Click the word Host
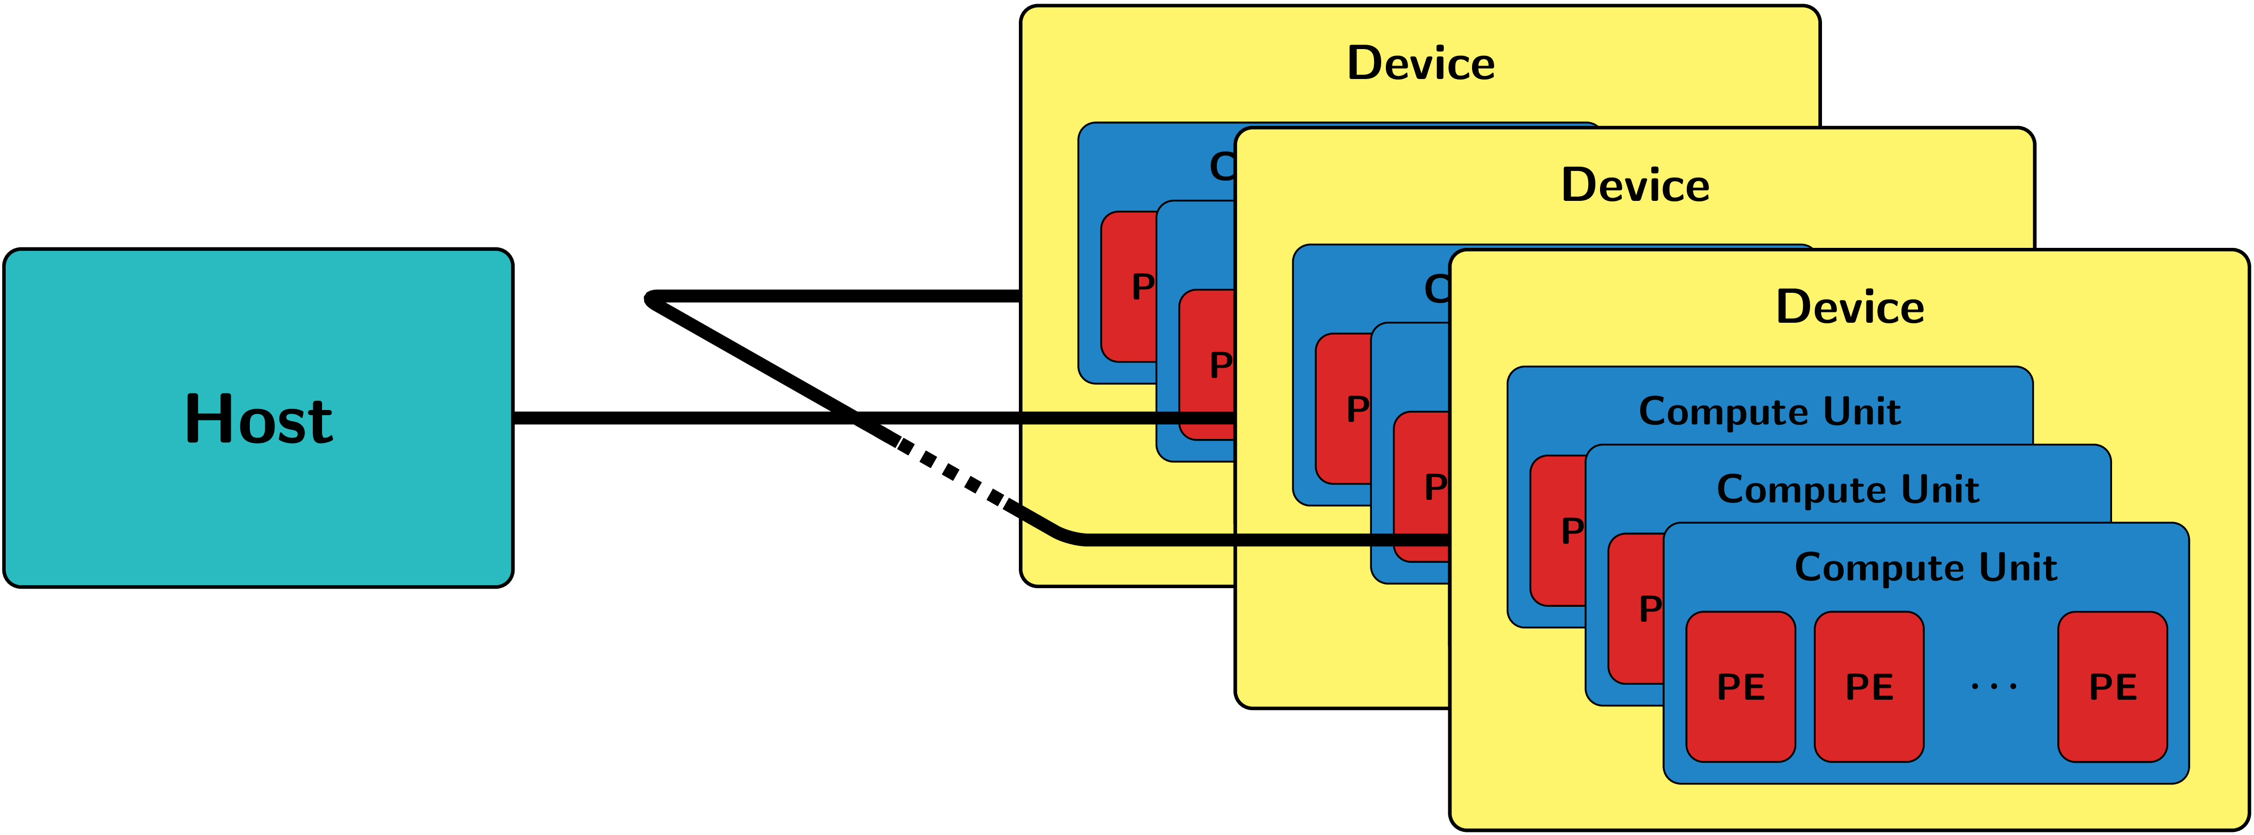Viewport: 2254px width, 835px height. (259, 419)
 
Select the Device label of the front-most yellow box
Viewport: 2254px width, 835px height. (1850, 307)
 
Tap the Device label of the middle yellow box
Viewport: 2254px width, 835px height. (1635, 185)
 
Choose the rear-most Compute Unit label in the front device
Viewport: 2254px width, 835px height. (1769, 412)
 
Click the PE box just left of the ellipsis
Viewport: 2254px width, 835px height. (1869, 687)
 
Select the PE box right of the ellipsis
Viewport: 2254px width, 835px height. (2112, 687)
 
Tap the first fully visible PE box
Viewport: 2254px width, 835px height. (1740, 687)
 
